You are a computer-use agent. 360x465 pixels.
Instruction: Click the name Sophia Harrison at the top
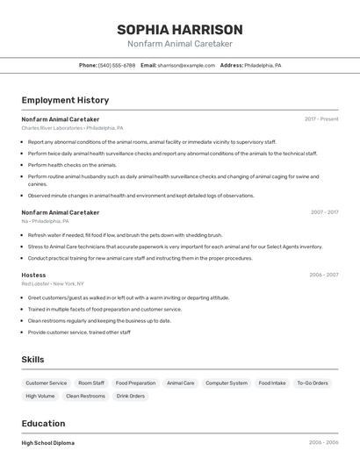(x=179, y=29)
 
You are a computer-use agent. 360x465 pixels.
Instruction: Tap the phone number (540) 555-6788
(x=117, y=66)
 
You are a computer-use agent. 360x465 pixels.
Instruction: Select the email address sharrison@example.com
(x=186, y=66)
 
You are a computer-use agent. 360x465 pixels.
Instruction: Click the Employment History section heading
(x=65, y=100)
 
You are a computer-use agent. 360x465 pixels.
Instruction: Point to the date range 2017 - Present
(x=321, y=118)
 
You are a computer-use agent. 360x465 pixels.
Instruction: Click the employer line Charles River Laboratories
(x=72, y=128)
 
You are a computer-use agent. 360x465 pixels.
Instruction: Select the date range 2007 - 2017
(x=324, y=212)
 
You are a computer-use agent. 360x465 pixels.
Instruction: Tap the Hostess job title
(x=33, y=275)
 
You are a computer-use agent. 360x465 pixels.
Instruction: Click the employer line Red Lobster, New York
(x=53, y=284)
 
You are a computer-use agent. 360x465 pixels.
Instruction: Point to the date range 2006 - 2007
(x=323, y=275)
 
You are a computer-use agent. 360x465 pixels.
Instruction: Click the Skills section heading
(x=32, y=360)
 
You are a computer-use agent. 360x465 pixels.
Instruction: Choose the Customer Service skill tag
(x=46, y=383)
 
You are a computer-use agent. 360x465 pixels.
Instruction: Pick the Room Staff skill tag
(x=91, y=383)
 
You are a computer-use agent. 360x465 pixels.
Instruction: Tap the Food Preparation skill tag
(x=135, y=383)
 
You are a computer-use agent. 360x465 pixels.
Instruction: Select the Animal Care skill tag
(x=180, y=383)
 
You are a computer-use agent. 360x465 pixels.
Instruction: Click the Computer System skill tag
(x=226, y=383)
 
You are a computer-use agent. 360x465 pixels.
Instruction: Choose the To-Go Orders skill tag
(x=312, y=383)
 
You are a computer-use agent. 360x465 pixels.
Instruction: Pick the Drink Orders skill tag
(x=130, y=396)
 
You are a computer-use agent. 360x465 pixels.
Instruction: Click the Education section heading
(x=43, y=423)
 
